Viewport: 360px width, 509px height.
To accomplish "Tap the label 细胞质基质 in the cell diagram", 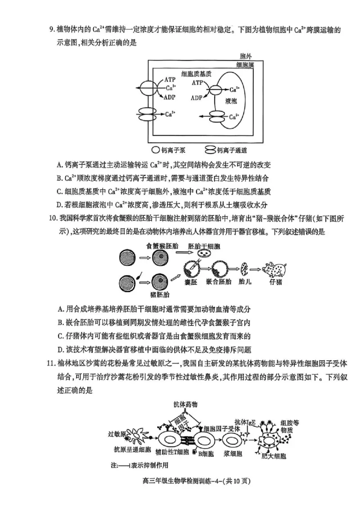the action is tap(197, 73).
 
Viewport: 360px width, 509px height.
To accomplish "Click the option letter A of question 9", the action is tap(60, 164).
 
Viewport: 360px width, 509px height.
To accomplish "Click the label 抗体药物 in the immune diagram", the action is tap(185, 404).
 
